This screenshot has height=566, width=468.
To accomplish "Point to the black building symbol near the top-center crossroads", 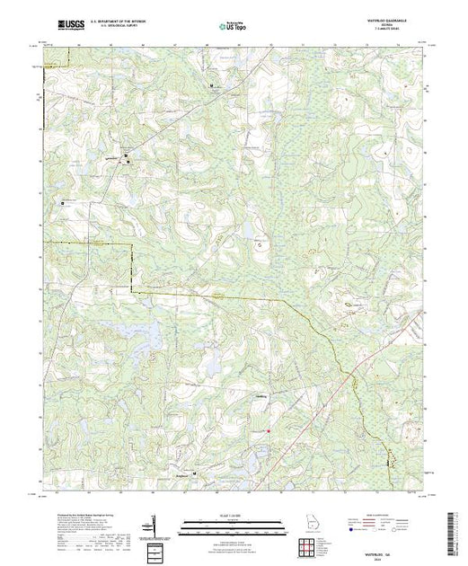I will tap(212, 85).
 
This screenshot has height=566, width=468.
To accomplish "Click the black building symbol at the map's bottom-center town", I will tap(195, 475).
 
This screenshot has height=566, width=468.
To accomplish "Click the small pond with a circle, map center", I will tap(260, 243).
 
